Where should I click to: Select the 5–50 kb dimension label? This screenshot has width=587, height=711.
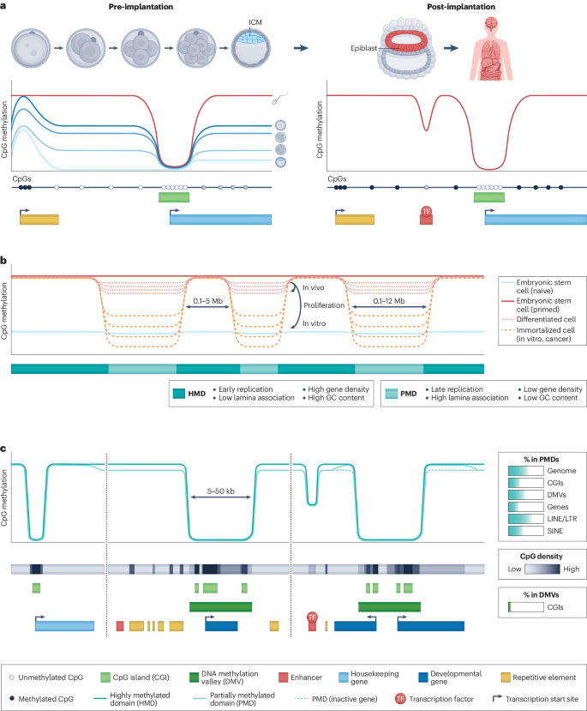tap(213, 492)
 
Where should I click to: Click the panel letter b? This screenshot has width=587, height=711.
tap(4, 260)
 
